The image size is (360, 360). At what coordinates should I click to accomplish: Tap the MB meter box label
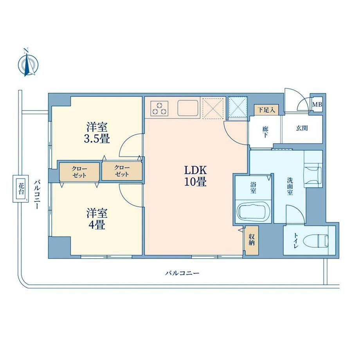point(317,104)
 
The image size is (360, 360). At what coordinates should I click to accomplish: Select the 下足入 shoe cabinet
point(266,110)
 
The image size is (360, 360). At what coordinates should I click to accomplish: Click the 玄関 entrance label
point(301,128)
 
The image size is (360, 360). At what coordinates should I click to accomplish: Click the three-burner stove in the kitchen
point(159,108)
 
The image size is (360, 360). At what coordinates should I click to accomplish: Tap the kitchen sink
point(188,108)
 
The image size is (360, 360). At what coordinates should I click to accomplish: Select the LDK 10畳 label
point(196,176)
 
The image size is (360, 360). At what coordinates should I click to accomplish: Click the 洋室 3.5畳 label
point(97,133)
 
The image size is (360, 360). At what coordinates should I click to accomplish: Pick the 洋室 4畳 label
point(97,219)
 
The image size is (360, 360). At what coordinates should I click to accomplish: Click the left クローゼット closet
point(79,172)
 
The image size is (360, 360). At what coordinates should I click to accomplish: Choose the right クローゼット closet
point(122,171)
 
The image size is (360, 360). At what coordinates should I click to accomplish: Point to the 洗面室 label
point(290,186)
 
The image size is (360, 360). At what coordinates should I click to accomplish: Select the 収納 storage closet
point(252,240)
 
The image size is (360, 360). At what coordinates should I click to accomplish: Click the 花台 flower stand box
point(21,189)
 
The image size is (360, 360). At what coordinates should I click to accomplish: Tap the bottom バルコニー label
point(182,273)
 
